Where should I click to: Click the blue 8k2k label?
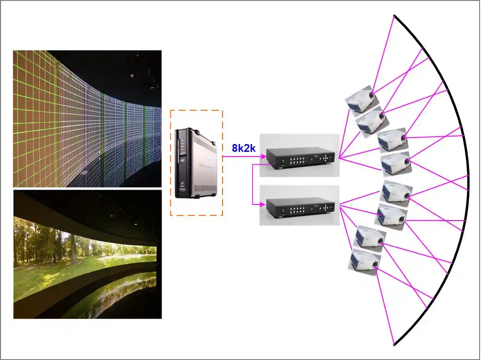243,148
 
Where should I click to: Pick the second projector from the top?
371,120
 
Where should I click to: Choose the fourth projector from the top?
396,163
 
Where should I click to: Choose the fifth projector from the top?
397,192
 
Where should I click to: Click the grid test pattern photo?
87,119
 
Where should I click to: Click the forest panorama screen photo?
87,254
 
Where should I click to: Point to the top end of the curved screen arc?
394,16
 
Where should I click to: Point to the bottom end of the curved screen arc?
394,344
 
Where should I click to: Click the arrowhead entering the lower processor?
265,204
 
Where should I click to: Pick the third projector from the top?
392,140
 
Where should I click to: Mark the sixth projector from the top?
392,214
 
